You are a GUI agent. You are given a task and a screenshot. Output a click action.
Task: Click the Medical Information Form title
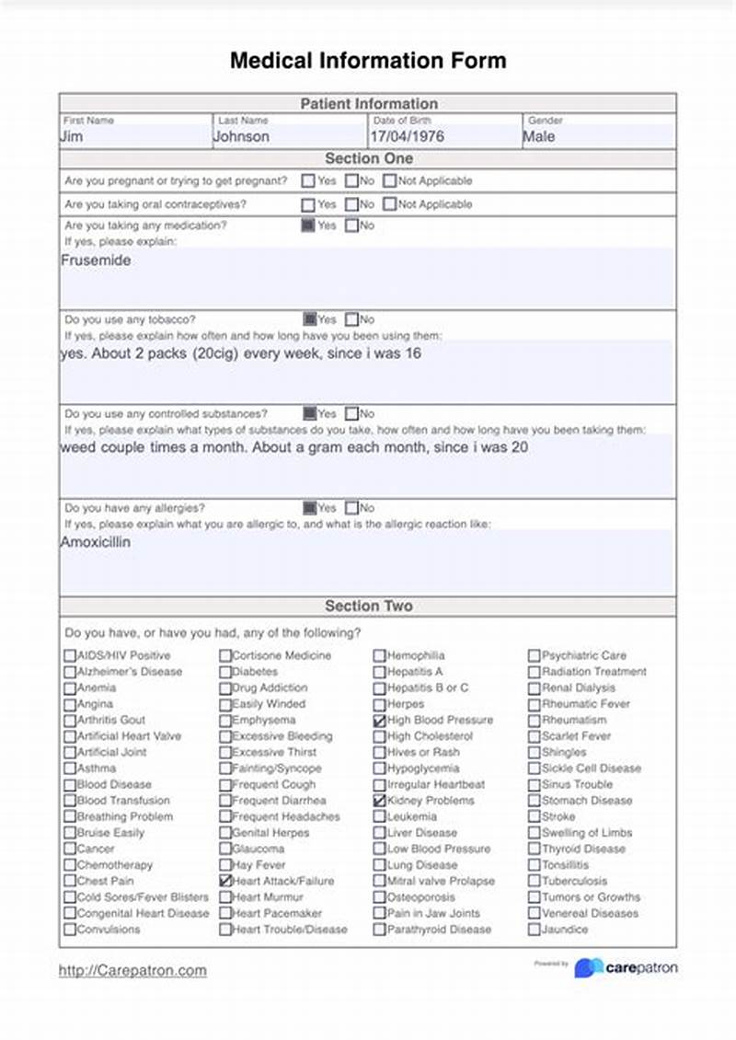(368, 61)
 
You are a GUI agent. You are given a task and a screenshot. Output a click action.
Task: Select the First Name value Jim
(72, 136)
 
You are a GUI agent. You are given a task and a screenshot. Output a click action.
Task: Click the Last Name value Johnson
(241, 136)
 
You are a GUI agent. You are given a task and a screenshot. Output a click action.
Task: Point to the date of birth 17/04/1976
(407, 136)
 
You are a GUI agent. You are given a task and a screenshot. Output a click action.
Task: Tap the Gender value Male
(539, 136)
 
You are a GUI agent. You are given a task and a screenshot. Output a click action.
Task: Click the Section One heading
(368, 158)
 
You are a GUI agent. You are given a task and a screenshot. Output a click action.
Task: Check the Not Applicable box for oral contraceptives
(390, 204)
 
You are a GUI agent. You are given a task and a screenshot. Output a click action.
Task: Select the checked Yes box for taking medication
(308, 225)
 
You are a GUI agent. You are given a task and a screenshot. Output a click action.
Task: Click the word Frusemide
(96, 260)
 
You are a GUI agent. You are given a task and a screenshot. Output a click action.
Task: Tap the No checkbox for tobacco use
(351, 320)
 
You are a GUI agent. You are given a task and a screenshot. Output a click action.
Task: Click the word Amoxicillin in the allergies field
(96, 542)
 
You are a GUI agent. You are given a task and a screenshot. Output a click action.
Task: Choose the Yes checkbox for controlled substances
(309, 414)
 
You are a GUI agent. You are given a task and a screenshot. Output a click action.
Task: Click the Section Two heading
(368, 607)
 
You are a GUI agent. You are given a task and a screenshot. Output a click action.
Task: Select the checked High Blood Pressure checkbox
(379, 721)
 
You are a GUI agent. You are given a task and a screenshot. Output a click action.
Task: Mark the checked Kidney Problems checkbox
(379, 802)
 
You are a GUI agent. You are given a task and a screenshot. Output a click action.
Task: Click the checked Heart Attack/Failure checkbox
(225, 882)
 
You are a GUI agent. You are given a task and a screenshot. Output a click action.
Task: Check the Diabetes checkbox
(225, 673)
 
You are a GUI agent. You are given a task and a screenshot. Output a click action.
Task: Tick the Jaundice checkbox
(534, 930)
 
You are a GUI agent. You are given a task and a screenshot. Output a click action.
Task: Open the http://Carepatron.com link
(132, 970)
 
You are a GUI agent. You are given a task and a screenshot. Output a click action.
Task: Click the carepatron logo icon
(589, 968)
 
